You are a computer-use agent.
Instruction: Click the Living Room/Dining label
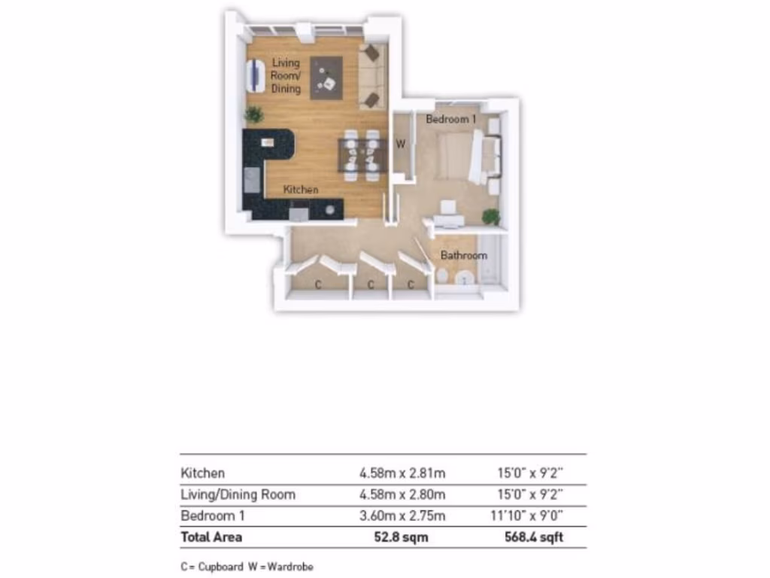(286, 76)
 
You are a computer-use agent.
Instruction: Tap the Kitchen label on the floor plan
(300, 190)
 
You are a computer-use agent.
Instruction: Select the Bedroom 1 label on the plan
(451, 119)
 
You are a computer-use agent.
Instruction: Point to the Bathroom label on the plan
(463, 255)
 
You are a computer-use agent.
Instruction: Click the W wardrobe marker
(401, 144)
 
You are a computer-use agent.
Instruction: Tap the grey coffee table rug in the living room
(326, 78)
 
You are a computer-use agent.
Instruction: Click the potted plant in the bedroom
(491, 217)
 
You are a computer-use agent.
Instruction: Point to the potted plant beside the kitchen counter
(254, 114)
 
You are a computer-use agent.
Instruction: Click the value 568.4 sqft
(533, 537)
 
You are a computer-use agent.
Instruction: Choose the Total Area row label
(211, 537)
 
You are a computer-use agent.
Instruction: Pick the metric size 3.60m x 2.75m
(402, 516)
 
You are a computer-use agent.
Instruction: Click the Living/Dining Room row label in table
(238, 494)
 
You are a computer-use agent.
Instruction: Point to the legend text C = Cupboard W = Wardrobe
(247, 567)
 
